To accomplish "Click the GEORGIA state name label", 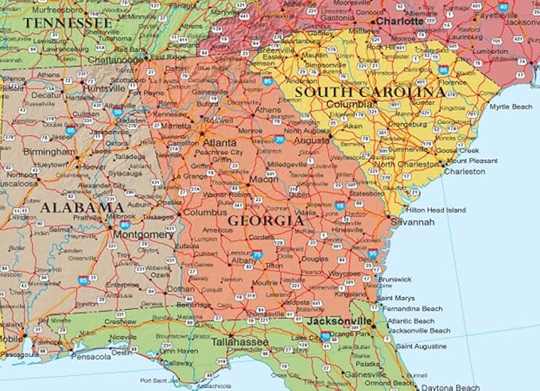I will [x=266, y=220].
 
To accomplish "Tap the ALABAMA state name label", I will [x=71, y=207].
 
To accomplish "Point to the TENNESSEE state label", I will [x=67, y=23].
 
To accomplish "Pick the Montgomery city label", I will [x=143, y=234].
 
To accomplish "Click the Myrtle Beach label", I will [x=510, y=106].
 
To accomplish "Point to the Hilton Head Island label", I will [x=435, y=210].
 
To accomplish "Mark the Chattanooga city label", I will [x=115, y=59].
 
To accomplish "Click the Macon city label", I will [x=264, y=179].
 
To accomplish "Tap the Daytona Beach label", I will [x=450, y=386].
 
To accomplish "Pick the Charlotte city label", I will [x=400, y=21].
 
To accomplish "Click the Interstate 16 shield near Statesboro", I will [x=340, y=206].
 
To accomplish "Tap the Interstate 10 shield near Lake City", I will [x=326, y=336].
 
